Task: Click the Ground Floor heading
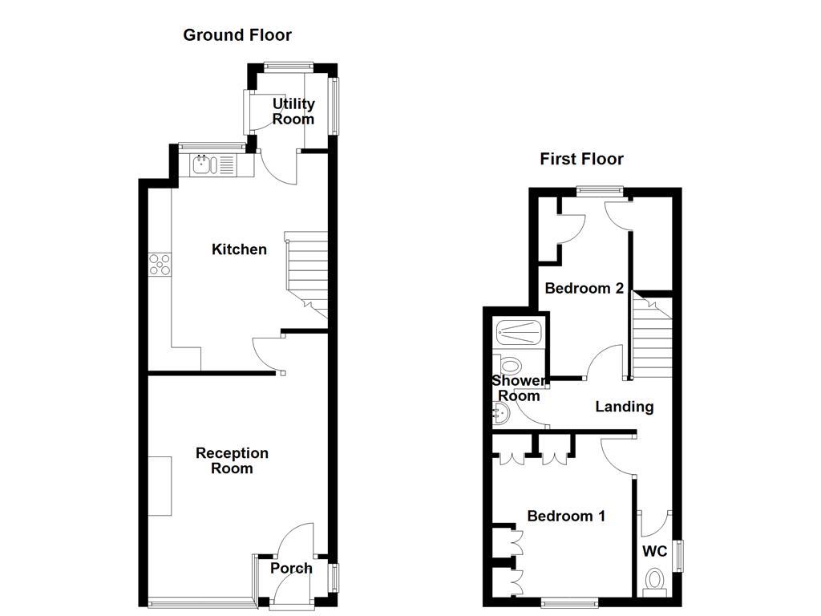(237, 34)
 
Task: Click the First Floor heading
(581, 159)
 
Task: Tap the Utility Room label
(293, 111)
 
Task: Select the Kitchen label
(239, 249)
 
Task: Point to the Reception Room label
(232, 460)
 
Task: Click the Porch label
(291, 568)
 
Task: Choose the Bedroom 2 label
(584, 288)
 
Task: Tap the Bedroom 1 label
(566, 516)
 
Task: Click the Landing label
(624, 407)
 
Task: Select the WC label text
(655, 551)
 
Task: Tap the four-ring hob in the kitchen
(160, 264)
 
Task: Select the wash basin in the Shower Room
(500, 413)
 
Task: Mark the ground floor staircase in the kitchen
(306, 273)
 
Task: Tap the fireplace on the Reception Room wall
(160, 485)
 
